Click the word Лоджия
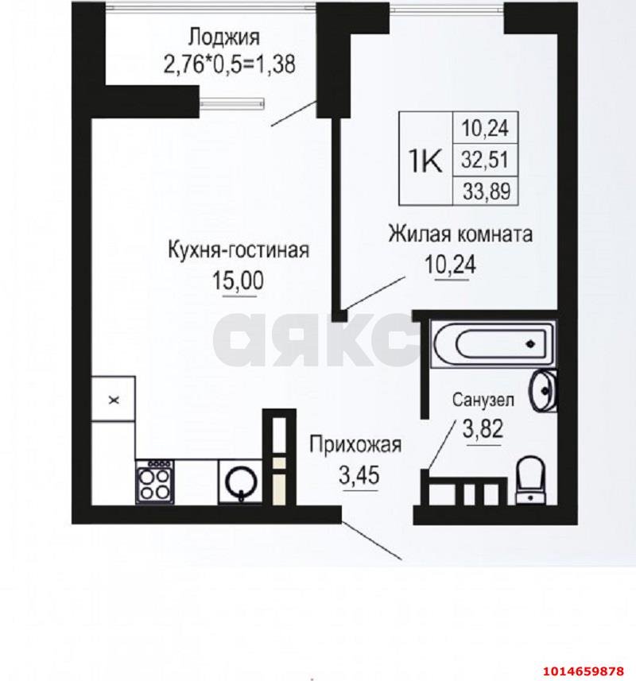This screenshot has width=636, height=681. click(x=224, y=37)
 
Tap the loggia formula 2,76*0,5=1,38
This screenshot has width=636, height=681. click(x=229, y=64)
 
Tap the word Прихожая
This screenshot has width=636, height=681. click(x=355, y=445)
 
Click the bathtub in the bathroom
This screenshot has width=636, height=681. click(x=489, y=345)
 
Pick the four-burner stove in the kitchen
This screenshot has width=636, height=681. click(x=154, y=481)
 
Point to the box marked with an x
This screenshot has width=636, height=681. click(x=114, y=400)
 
